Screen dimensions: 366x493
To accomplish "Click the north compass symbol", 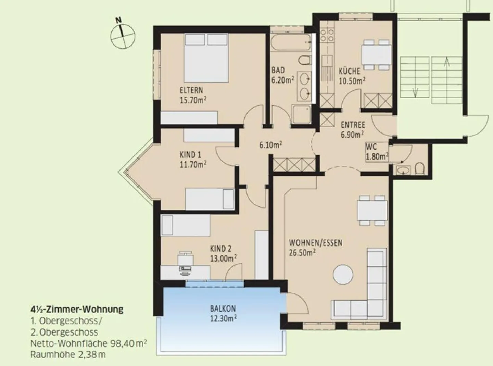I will (x=123, y=35).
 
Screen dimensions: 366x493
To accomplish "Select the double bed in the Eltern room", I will (x=206, y=57).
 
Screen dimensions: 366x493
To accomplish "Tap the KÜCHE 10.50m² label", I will (x=351, y=76).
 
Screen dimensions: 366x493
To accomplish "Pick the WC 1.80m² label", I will (x=377, y=151).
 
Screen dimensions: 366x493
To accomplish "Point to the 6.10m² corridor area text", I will (x=270, y=145).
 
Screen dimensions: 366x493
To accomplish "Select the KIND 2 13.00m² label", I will (x=223, y=253).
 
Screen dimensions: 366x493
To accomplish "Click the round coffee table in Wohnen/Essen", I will (x=343, y=274).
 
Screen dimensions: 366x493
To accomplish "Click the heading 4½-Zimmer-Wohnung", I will (x=77, y=310).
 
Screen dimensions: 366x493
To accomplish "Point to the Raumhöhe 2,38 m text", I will (x=68, y=354).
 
